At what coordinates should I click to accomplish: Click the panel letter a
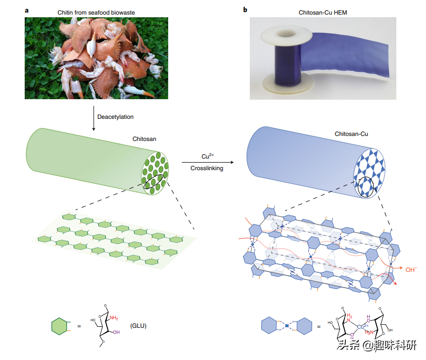pyautogui.click(x=27, y=9)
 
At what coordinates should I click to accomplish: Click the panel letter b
pyautogui.click(x=245, y=9)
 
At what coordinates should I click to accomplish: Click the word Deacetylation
pyautogui.click(x=115, y=117)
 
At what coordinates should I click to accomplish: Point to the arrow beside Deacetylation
pyautogui.click(x=93, y=117)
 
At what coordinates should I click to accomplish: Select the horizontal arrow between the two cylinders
pyautogui.click(x=207, y=162)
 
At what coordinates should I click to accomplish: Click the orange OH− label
pyautogui.click(x=412, y=269)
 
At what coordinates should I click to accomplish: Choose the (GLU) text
pyautogui.click(x=139, y=326)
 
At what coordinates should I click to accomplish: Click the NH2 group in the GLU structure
pyautogui.click(x=114, y=318)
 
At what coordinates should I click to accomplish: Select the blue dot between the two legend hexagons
pyautogui.click(x=287, y=327)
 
